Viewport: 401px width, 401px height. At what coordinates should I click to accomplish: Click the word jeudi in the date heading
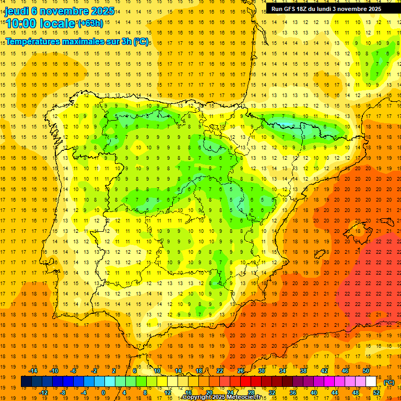click(17, 11)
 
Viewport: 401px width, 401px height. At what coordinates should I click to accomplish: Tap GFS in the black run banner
click(290, 9)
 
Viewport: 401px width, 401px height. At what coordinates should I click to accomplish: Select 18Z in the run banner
click(306, 9)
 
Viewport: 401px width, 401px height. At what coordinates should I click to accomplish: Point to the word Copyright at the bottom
click(198, 397)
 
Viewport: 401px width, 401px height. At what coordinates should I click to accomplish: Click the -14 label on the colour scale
click(34, 371)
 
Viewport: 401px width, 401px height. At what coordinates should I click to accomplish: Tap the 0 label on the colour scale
click(104, 393)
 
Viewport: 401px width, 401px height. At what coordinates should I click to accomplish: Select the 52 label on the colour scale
click(376, 393)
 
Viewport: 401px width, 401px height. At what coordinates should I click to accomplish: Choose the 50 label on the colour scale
click(366, 371)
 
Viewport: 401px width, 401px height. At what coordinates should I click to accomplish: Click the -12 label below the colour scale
click(44, 393)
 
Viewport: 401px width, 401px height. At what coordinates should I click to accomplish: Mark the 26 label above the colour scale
click(241, 371)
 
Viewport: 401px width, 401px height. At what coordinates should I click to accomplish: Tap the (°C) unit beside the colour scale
click(389, 382)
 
